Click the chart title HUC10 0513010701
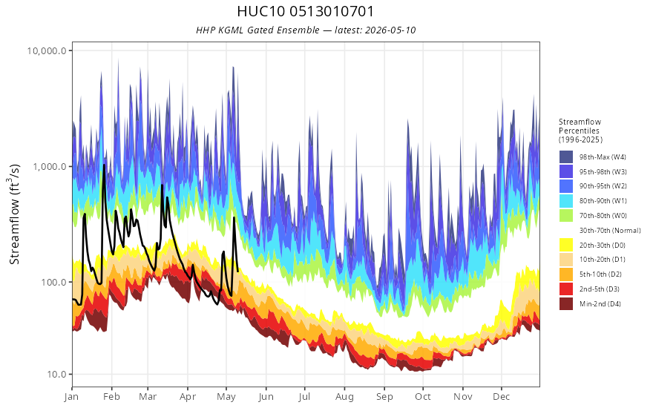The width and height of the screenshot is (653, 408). pyautogui.click(x=306, y=11)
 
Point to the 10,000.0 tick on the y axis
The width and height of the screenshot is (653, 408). pyautogui.click(x=47, y=50)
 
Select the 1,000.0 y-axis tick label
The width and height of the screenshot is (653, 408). pyautogui.click(x=50, y=166)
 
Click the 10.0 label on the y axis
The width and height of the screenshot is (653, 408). pyautogui.click(x=56, y=374)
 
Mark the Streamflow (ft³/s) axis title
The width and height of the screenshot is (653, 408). pyautogui.click(x=15, y=214)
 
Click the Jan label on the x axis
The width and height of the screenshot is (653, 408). pyautogui.click(x=72, y=397)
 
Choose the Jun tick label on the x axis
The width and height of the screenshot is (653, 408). pyautogui.click(x=266, y=397)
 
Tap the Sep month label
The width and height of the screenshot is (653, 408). pyautogui.click(x=384, y=397)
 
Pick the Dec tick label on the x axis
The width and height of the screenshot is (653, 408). pyautogui.click(x=502, y=397)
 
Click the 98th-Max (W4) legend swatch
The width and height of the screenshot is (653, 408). pyautogui.click(x=566, y=157)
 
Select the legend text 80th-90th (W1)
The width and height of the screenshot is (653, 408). pyautogui.click(x=603, y=201)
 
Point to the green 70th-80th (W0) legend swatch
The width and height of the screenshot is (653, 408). pyautogui.click(x=566, y=215)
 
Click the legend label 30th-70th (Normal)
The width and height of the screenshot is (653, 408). pyautogui.click(x=610, y=230)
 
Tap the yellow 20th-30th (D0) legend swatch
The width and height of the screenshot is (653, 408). pyautogui.click(x=566, y=245)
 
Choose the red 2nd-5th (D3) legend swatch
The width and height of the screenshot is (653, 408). pyautogui.click(x=566, y=289)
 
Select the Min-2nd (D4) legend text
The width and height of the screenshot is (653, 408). pyautogui.click(x=600, y=304)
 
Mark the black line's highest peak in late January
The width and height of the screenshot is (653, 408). pyautogui.click(x=104, y=165)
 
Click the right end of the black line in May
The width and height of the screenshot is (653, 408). pyautogui.click(x=237, y=272)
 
